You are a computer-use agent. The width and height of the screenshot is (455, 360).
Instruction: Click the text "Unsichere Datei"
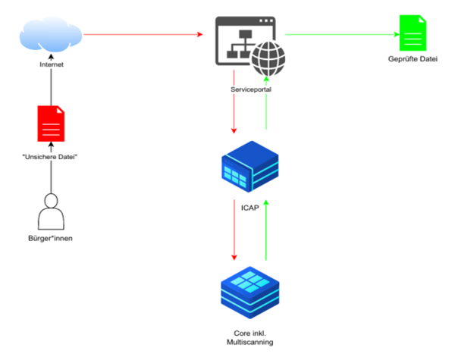point(52,156)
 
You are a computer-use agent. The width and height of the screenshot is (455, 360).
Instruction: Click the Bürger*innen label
point(52,240)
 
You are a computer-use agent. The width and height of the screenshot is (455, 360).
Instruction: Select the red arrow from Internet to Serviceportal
point(144,35)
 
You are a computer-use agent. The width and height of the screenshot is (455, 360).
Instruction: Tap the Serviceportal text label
point(249,89)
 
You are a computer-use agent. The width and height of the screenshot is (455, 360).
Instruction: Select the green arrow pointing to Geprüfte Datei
point(341,35)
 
